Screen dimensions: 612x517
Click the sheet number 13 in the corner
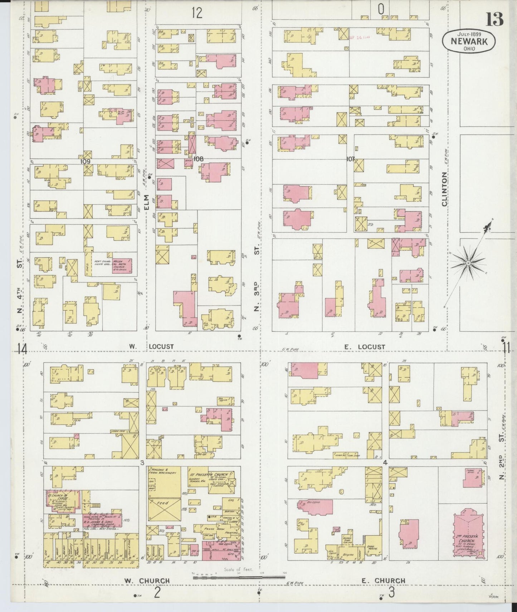(x=495, y=19)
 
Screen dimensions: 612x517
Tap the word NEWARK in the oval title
(x=469, y=42)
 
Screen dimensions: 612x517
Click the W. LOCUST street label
(x=151, y=346)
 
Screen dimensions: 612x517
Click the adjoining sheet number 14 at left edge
(x=22, y=349)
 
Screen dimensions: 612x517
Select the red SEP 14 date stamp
(x=359, y=37)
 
